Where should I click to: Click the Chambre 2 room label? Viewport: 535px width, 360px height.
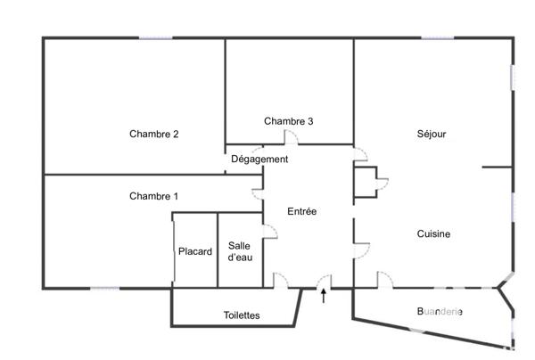(154, 135)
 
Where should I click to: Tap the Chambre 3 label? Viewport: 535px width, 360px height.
(288, 121)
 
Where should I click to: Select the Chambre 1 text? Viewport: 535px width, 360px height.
(154, 196)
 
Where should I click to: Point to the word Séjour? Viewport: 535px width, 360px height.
(431, 135)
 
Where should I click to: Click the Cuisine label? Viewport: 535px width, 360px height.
(433, 234)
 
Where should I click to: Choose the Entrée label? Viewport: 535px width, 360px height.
(302, 211)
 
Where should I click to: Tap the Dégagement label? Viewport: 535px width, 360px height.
(259, 160)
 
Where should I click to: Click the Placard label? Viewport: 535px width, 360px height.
(194, 251)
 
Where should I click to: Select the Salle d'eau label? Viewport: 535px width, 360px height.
(240, 251)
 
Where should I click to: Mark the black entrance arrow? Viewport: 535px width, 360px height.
(323, 295)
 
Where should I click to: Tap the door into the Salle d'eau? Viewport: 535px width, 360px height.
(269, 232)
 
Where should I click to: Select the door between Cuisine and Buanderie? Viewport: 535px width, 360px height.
(385, 280)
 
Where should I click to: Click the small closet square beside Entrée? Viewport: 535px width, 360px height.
(366, 182)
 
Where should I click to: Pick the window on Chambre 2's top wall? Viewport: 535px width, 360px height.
(155, 37)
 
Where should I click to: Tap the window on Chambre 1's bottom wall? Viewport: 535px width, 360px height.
(104, 288)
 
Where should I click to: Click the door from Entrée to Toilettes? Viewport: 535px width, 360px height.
(280, 280)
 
